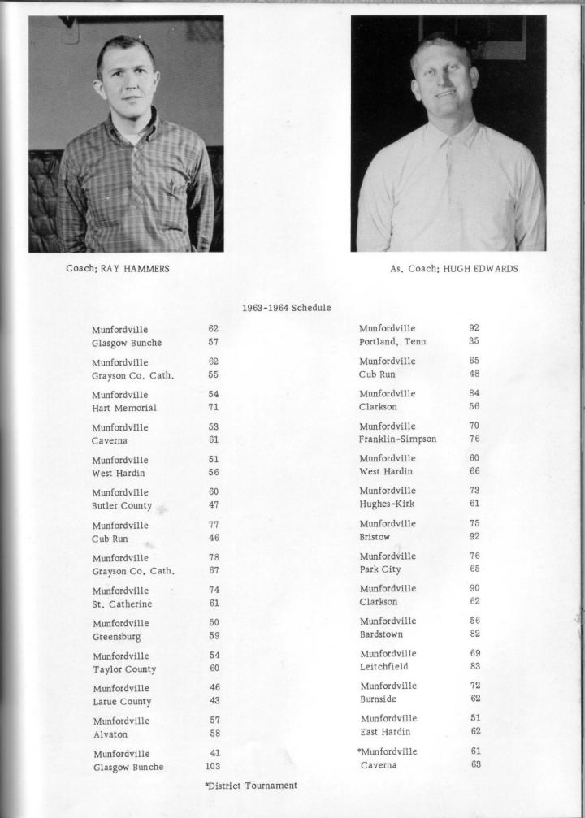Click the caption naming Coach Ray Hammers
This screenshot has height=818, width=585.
[118, 269]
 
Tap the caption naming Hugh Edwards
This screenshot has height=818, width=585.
[453, 269]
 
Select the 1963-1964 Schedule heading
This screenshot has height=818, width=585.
[286, 308]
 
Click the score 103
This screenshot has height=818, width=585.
[213, 766]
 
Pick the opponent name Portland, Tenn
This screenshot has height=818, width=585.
[392, 341]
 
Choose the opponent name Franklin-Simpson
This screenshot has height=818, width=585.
[397, 439]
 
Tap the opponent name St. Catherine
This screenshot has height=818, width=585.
[122, 604]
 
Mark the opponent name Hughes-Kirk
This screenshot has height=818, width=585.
[387, 504]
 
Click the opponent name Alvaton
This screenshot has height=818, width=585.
[110, 734]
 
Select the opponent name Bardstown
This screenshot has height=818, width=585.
[381, 634]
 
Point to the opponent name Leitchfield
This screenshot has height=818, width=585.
[383, 666]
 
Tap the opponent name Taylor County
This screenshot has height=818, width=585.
[123, 669]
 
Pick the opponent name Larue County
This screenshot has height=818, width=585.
[122, 701]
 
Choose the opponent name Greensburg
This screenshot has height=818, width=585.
[116, 637]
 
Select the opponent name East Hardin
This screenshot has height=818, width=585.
[384, 732]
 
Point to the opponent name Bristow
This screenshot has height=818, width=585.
[375, 536]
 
